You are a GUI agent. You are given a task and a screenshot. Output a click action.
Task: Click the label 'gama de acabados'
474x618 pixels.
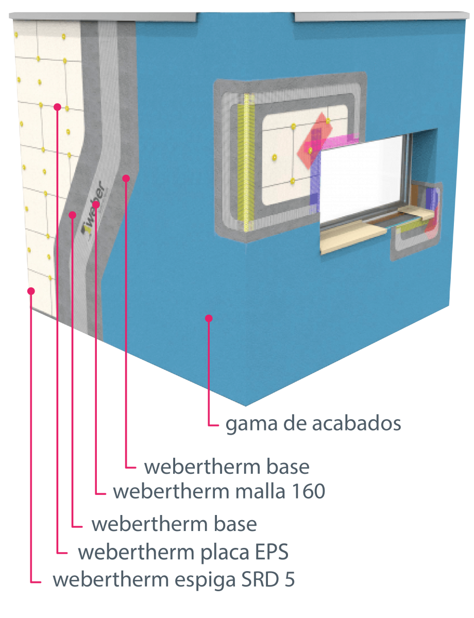click(313, 424)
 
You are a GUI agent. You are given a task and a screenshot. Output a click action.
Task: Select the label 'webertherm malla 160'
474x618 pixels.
click(219, 491)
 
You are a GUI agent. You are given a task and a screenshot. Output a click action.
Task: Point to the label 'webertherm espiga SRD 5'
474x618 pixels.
click(174, 580)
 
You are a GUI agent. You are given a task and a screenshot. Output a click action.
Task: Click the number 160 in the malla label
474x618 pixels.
click(309, 491)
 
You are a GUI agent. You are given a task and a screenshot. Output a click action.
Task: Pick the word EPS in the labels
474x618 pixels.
click(272, 552)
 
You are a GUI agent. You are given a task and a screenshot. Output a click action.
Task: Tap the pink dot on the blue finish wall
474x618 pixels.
click(209, 318)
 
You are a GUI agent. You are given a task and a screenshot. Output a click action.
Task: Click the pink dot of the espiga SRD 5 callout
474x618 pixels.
click(31, 291)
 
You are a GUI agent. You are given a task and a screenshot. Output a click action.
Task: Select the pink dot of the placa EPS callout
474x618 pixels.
click(58, 107)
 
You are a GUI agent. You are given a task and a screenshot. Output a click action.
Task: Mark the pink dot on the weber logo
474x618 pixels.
click(96, 204)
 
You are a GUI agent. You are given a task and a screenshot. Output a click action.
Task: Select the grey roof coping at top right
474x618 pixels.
click(382, 16)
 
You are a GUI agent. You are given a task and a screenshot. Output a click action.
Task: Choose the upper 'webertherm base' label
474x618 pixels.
click(227, 467)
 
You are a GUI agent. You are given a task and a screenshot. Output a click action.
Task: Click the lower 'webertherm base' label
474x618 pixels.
click(174, 524)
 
